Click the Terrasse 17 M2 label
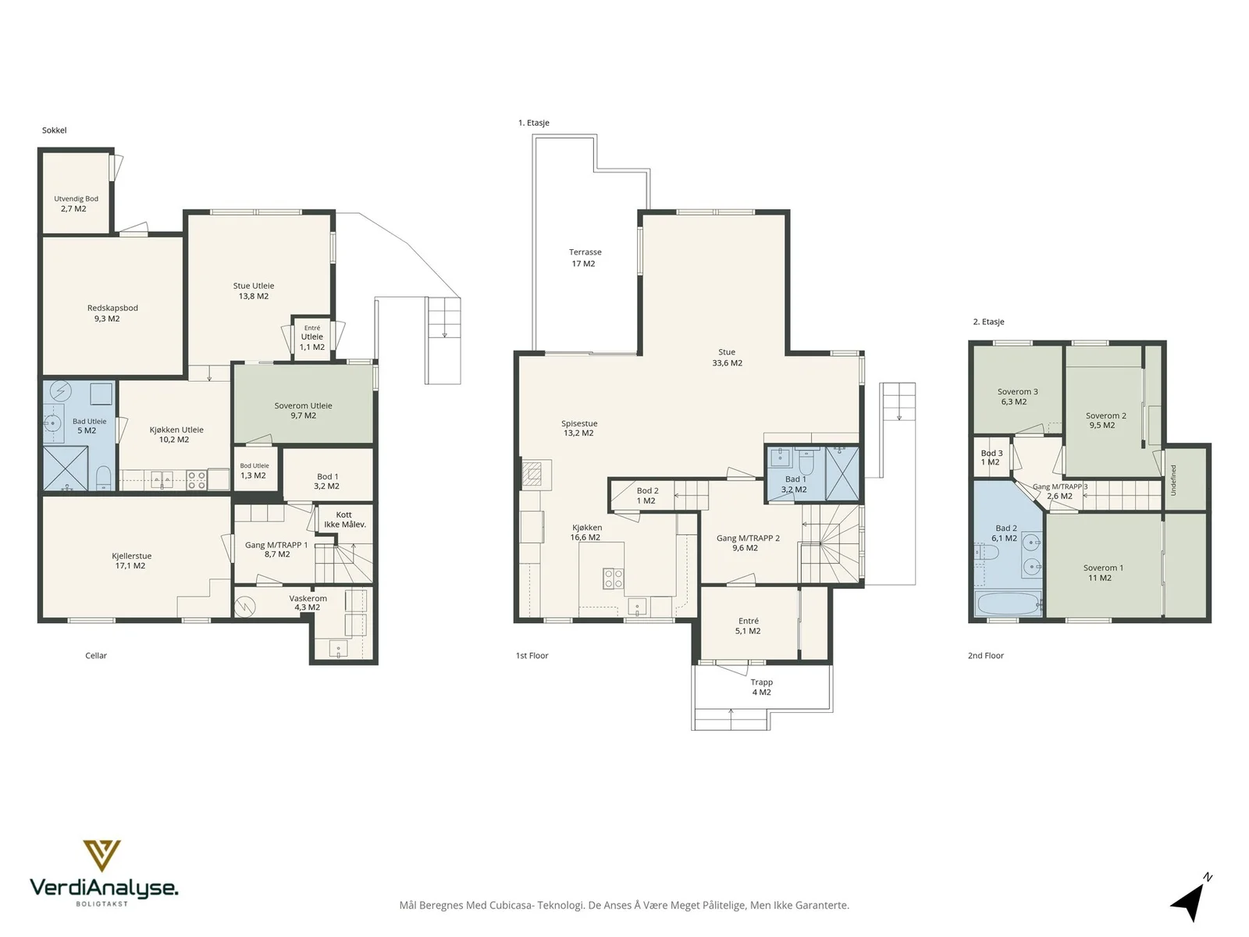pyautogui.click(x=585, y=258)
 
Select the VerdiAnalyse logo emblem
pyautogui.click(x=101, y=856)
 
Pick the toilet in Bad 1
pyautogui.click(x=805, y=462)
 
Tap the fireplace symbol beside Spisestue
pyautogui.click(x=534, y=473)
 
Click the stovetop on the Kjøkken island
pyautogui.click(x=613, y=579)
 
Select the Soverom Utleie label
pyautogui.click(x=303, y=410)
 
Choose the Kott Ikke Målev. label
pyautogui.click(x=344, y=519)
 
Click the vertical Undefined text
pyautogui.click(x=1173, y=480)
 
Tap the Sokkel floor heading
pyautogui.click(x=54, y=130)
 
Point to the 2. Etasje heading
pyautogui.click(x=988, y=322)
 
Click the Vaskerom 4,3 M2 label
pyautogui.click(x=308, y=603)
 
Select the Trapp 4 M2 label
pyautogui.click(x=761, y=686)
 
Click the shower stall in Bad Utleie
pyautogui.click(x=66, y=468)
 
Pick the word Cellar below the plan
pyautogui.click(x=96, y=655)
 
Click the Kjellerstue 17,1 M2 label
pyautogui.click(x=131, y=561)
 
